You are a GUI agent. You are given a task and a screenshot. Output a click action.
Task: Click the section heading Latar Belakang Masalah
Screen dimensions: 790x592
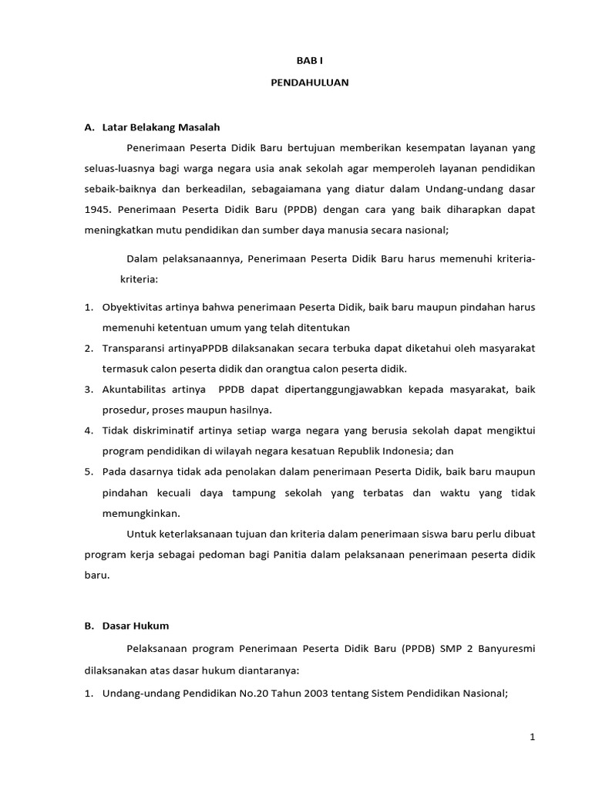click(x=161, y=127)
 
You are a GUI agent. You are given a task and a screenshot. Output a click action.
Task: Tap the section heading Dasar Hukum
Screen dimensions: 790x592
click(x=136, y=626)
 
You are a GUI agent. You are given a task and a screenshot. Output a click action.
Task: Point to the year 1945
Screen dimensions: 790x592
click(x=97, y=208)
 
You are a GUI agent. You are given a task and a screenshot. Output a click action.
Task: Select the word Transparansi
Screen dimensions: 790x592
click(x=133, y=348)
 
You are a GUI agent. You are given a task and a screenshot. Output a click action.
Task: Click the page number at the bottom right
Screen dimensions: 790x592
click(x=532, y=737)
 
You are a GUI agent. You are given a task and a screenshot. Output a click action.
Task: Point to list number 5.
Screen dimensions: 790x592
click(x=88, y=471)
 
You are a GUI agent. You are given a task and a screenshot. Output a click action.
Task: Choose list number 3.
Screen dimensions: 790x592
click(x=88, y=389)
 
